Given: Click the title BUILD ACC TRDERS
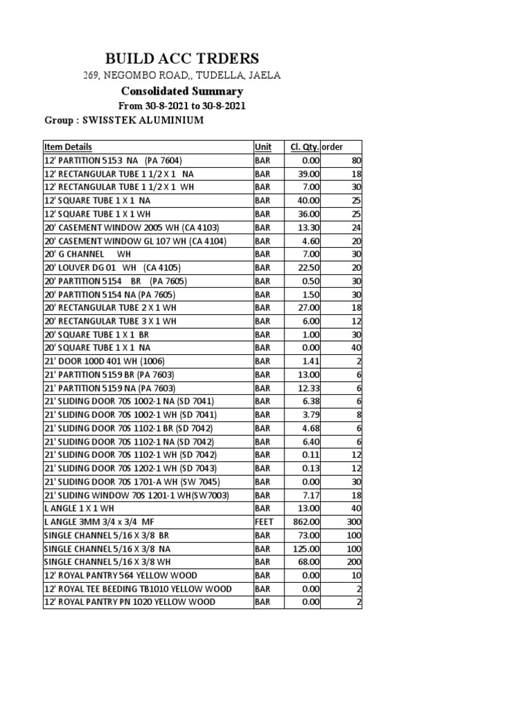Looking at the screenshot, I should [182, 58].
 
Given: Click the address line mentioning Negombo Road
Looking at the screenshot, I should [182, 75].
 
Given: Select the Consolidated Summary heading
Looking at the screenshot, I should [182, 91].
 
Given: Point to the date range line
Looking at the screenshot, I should [182, 106].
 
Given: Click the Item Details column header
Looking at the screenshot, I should [68, 147].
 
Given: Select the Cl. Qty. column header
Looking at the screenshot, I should [305, 147].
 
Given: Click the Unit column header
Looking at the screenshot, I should [263, 147].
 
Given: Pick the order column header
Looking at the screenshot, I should [333, 147].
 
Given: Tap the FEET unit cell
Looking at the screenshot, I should [264, 522].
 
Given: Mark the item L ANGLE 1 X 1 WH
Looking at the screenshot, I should [79, 509].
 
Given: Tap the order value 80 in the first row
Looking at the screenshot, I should [356, 161].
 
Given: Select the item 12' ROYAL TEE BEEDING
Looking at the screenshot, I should [137, 589].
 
